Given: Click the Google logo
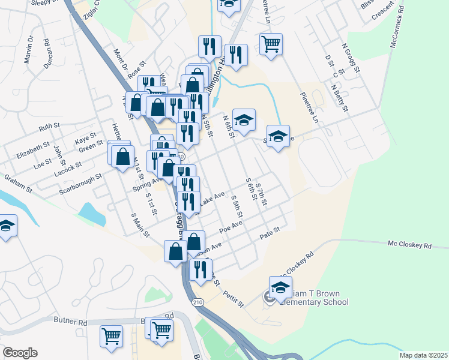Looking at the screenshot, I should coord(20,353).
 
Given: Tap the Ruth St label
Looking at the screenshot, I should coord(50,127).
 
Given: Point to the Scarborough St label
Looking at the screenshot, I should coord(81,184).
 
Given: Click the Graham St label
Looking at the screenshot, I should coord(18,184).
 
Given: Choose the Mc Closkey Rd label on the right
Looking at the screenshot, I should coord(410,245).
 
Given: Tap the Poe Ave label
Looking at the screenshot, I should coord(231,227).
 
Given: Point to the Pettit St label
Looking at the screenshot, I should coord(232,298).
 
